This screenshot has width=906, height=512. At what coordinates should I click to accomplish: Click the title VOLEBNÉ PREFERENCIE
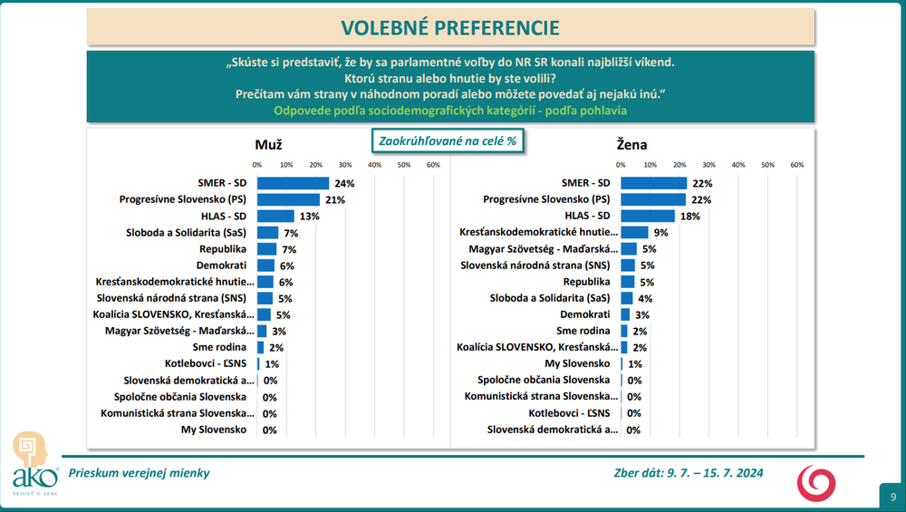(450, 27)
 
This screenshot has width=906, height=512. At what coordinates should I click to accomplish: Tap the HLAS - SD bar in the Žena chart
(648, 216)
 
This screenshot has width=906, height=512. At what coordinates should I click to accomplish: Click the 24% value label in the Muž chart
(343, 183)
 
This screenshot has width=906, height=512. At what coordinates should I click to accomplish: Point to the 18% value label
(691, 216)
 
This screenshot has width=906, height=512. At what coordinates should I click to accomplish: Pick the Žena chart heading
(632, 143)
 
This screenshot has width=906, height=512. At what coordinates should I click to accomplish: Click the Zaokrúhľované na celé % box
(447, 140)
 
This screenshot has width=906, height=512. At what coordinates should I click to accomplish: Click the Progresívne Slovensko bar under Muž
(288, 199)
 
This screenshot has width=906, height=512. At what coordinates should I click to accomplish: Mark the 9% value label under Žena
(660, 232)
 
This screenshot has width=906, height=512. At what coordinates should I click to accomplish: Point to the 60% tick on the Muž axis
(433, 165)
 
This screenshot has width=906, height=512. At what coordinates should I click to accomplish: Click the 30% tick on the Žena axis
(708, 165)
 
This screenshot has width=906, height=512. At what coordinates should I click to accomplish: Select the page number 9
(892, 497)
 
